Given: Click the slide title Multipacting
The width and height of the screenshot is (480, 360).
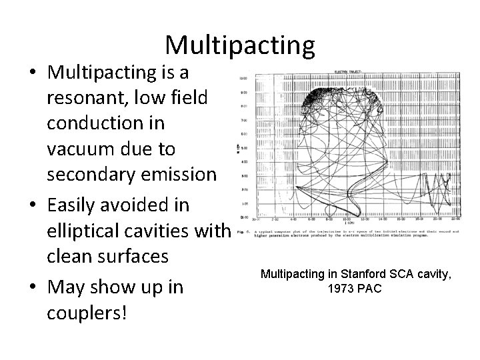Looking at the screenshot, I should [x=240, y=45].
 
